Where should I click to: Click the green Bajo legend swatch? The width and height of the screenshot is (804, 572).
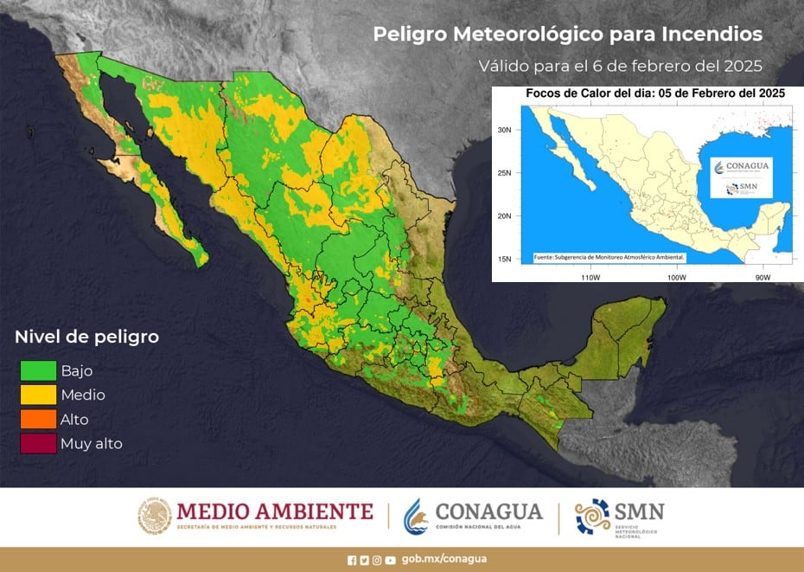38,370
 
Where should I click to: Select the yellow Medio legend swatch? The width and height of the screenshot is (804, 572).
38,395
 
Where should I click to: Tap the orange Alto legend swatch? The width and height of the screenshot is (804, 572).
38,419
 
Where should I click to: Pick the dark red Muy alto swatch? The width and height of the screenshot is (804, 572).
38,443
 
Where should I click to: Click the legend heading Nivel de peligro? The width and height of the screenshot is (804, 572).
86,337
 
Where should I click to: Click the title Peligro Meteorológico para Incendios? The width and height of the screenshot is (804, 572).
567,34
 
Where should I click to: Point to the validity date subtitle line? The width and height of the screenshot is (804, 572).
620,66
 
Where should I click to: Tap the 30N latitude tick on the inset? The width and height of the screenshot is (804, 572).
505,129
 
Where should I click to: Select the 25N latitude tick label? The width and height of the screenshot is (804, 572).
505,172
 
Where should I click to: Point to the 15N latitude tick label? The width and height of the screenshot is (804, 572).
505,259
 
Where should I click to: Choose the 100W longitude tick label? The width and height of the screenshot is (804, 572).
676,276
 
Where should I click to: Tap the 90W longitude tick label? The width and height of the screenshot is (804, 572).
762,276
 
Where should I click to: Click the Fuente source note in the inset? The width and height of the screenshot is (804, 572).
609,257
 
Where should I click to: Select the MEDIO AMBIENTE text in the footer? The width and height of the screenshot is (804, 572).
275,511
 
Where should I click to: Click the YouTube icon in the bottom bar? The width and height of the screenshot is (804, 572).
391,560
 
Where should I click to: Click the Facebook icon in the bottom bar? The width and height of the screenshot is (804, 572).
352,560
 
